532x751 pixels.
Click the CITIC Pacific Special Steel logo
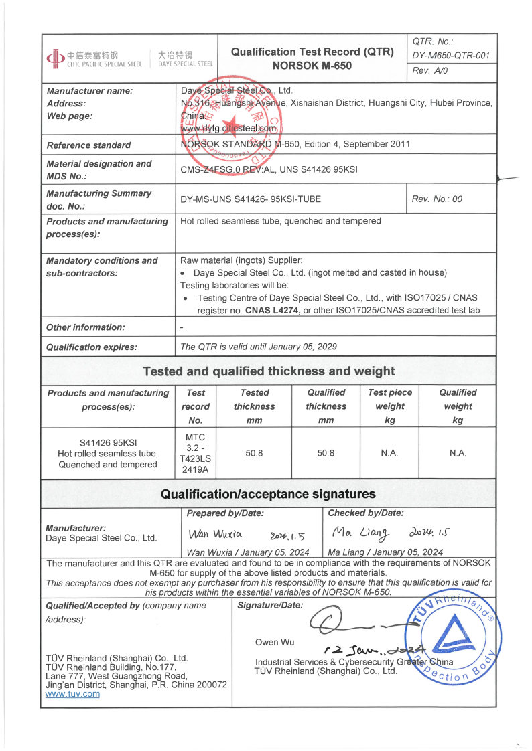tap(94, 58)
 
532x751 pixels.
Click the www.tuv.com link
tap(72, 694)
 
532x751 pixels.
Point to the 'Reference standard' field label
tap(88, 145)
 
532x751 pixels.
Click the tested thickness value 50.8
tap(254, 453)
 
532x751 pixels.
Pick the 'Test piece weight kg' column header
tap(390, 406)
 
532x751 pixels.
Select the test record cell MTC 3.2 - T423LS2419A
tap(196, 453)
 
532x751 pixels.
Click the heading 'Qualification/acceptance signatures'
tap(269, 495)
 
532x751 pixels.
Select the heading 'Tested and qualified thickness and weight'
tap(269, 371)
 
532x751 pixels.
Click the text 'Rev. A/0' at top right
tap(431, 70)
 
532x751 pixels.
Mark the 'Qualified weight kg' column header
tap(458, 406)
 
